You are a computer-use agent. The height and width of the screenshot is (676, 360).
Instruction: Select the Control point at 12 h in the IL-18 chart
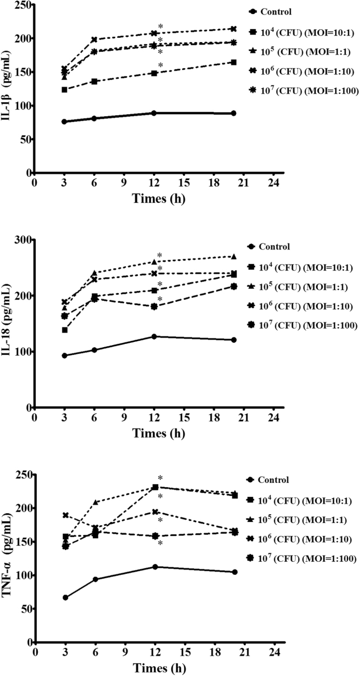[x=155, y=336]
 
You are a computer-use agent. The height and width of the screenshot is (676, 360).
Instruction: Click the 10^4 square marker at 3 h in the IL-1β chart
[x=64, y=89]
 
